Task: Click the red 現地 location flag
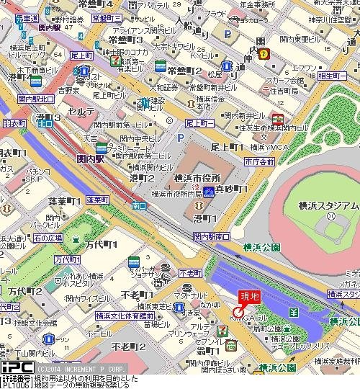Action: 249,295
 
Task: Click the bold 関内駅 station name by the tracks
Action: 91,158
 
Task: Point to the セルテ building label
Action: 78,113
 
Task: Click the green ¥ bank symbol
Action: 294,312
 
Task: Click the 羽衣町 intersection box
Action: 12,123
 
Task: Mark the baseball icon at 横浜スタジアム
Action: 330,215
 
